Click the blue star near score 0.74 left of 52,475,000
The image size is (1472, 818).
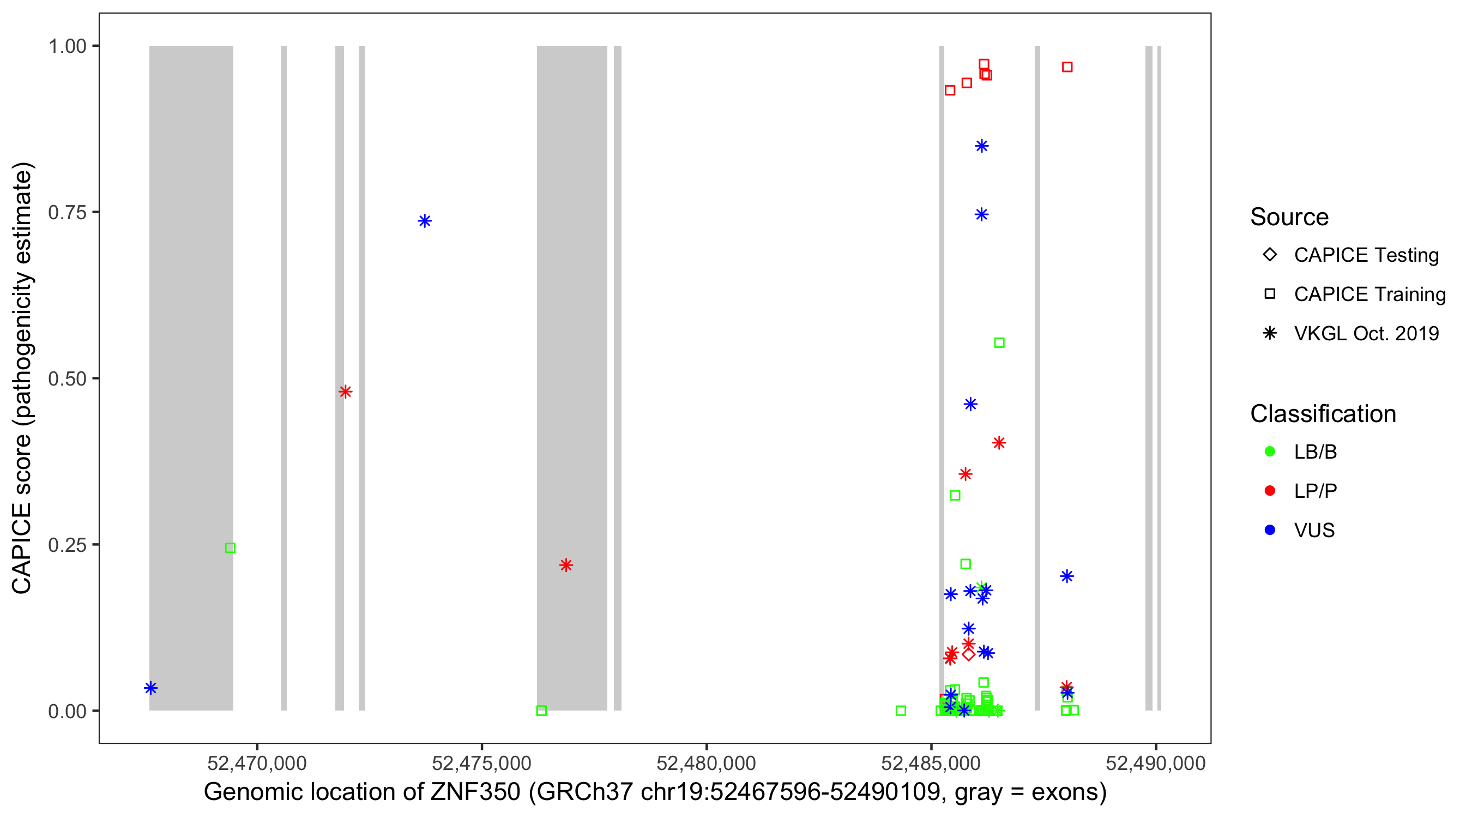[x=424, y=221]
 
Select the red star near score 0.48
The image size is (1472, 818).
[x=345, y=392]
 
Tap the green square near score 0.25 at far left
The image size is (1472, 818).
[x=230, y=548]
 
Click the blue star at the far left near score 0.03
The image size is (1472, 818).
[x=150, y=688]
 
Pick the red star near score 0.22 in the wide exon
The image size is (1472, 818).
[x=566, y=565]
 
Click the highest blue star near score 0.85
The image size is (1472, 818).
[x=982, y=146]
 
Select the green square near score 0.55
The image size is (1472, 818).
[x=999, y=342]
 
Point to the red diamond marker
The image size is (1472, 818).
[x=968, y=654]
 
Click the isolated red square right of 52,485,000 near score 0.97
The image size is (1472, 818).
[x=1067, y=67]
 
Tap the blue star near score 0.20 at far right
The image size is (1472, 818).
[x=1067, y=576]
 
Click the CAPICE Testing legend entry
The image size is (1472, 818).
[x=1366, y=255]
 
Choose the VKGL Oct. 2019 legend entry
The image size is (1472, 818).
[x=1366, y=333]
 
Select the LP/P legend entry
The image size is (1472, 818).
[x=1315, y=491]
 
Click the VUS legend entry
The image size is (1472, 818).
[x=1314, y=531]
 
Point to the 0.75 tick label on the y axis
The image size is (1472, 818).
[x=67, y=213]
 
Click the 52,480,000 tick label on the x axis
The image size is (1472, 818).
[x=706, y=763]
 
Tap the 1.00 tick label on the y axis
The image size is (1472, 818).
[x=67, y=46]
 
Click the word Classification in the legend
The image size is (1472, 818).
[x=1323, y=414]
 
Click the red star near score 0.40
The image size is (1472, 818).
[x=999, y=442]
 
